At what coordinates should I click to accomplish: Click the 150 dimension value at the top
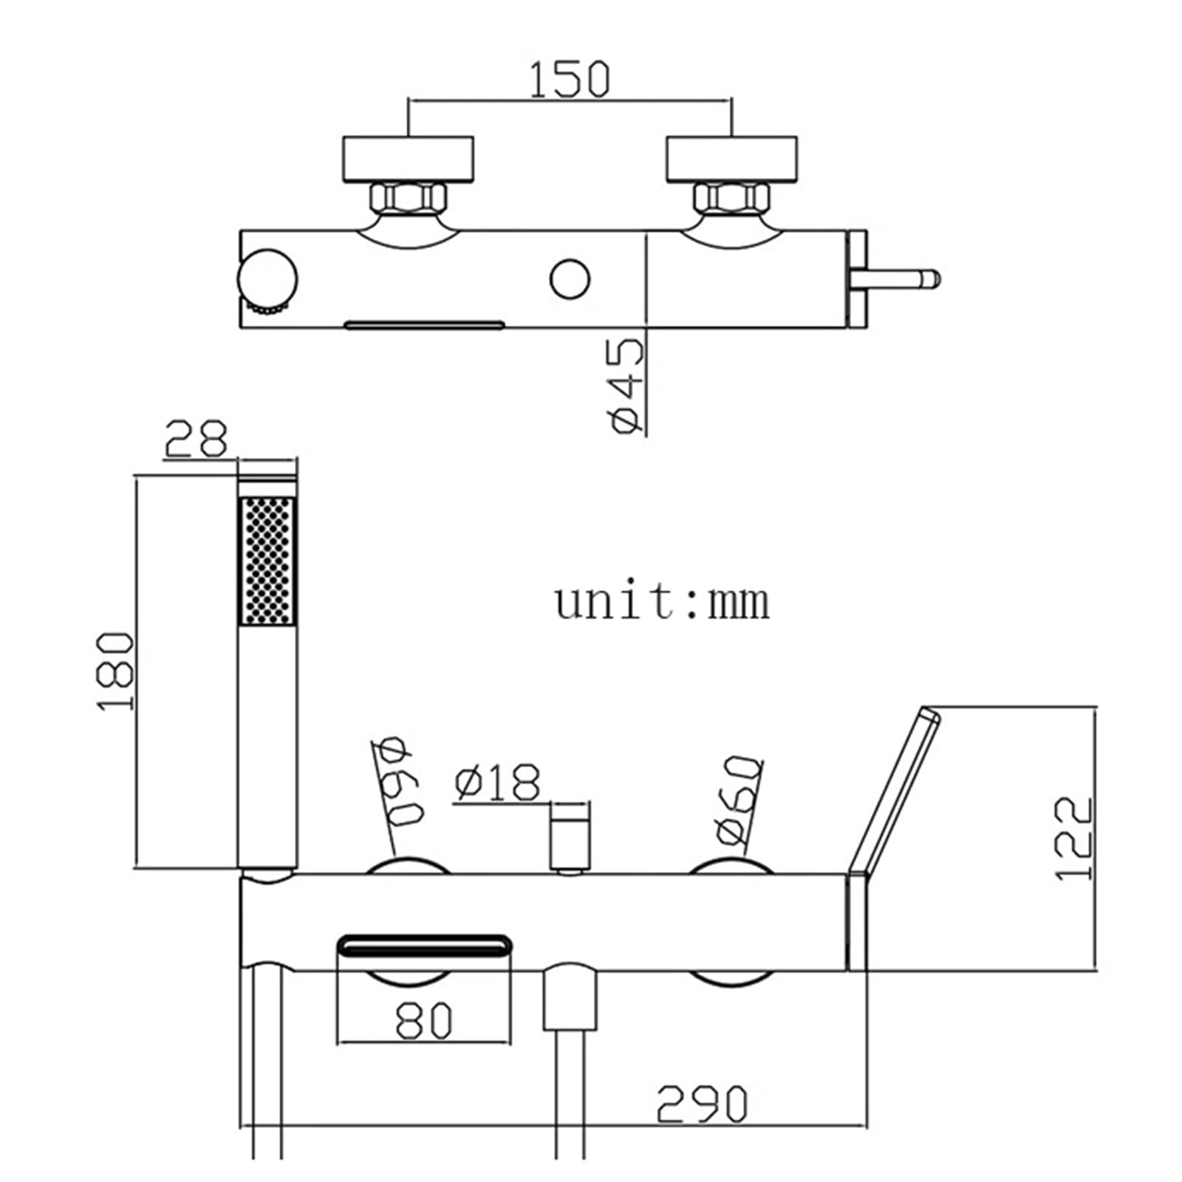click(570, 80)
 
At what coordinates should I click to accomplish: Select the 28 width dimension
click(195, 439)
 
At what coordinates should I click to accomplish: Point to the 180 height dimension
click(116, 671)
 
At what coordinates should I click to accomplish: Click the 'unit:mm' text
click(662, 602)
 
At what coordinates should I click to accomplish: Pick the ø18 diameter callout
click(498, 783)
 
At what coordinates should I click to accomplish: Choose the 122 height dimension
click(1073, 838)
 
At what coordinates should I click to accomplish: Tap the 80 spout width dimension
click(423, 1021)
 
